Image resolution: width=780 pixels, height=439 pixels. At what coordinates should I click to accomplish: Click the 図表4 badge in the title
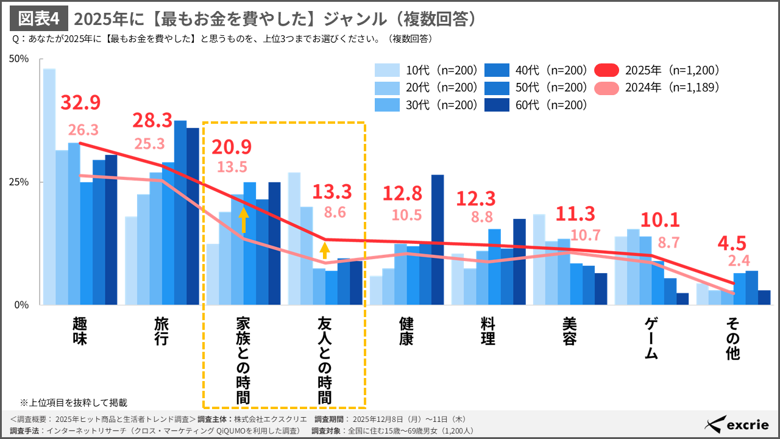pyautogui.click(x=39, y=19)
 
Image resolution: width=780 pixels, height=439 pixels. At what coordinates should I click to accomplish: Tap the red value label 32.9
pyautogui.click(x=80, y=103)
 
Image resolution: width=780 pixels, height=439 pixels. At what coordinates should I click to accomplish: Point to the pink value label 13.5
pyautogui.click(x=232, y=167)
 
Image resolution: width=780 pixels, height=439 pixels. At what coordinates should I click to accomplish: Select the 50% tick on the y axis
pyautogui.click(x=19, y=59)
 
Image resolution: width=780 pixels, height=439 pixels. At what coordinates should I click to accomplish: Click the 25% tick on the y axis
pyautogui.click(x=19, y=182)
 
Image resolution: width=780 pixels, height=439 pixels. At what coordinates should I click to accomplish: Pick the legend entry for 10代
pyautogui.click(x=427, y=70)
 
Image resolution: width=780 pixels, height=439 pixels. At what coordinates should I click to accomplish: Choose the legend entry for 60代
pyautogui.click(x=536, y=105)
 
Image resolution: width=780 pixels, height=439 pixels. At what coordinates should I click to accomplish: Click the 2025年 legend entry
pyautogui.click(x=658, y=70)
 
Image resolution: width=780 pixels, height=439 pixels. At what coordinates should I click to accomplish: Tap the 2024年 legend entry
pyautogui.click(x=658, y=87)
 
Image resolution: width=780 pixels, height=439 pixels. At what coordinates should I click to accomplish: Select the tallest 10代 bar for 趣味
pyautogui.click(x=49, y=187)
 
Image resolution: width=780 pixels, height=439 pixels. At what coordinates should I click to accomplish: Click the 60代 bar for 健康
pyautogui.click(x=438, y=240)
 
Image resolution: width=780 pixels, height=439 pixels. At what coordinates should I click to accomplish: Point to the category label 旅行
pyautogui.click(x=161, y=331)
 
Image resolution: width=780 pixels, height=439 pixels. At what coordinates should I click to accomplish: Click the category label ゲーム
pyautogui.click(x=651, y=338)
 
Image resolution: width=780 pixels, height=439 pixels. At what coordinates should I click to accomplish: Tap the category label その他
pyautogui.click(x=733, y=338)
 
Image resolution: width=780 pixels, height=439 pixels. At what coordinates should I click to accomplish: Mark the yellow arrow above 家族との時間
pyautogui.click(x=243, y=220)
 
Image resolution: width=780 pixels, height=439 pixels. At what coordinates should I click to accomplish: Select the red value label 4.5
pyautogui.click(x=731, y=243)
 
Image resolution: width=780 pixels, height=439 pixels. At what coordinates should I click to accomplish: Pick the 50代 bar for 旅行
pyautogui.click(x=180, y=213)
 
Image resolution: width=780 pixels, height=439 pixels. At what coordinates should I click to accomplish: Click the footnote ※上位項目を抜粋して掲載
pyautogui.click(x=74, y=402)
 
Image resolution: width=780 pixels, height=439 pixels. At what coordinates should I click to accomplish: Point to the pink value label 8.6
pyautogui.click(x=336, y=213)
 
